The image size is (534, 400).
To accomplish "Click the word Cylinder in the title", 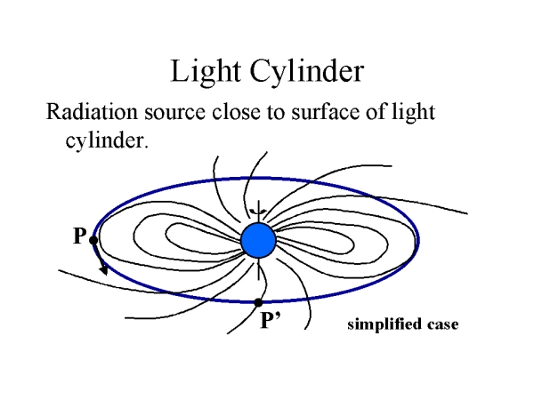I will pos(302,71).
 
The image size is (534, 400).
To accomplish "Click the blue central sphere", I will pos(258,239).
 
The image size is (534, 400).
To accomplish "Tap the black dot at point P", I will pos(93,240).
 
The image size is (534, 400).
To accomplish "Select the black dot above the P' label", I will pos(258,302).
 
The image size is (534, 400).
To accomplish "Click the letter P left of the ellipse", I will pos(79,237).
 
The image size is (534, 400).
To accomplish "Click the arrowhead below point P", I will pos(104,269).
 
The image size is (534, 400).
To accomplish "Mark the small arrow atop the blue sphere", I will pos(258,211).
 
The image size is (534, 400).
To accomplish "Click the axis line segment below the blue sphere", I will pos(258,270).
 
